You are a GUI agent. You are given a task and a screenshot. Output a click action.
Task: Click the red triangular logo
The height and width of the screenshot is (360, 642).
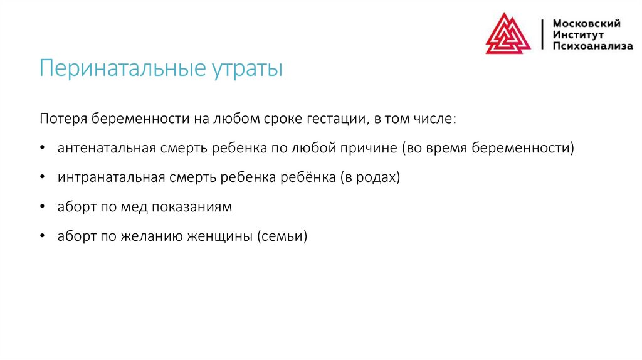tap(508, 34)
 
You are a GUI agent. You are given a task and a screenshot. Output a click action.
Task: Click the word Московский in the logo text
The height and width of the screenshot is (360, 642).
tap(586, 23)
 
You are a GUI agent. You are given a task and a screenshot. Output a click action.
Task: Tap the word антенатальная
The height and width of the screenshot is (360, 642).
tap(107, 149)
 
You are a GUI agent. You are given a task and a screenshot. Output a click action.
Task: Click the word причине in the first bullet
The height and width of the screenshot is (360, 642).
tap(369, 149)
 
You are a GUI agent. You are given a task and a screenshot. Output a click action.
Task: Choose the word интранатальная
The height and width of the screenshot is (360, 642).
tap(110, 177)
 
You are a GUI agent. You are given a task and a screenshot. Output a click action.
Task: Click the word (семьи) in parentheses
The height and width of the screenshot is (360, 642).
tap(282, 236)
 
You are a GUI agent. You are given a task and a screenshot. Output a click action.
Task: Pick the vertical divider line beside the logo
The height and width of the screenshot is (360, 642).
tap(542, 34)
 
